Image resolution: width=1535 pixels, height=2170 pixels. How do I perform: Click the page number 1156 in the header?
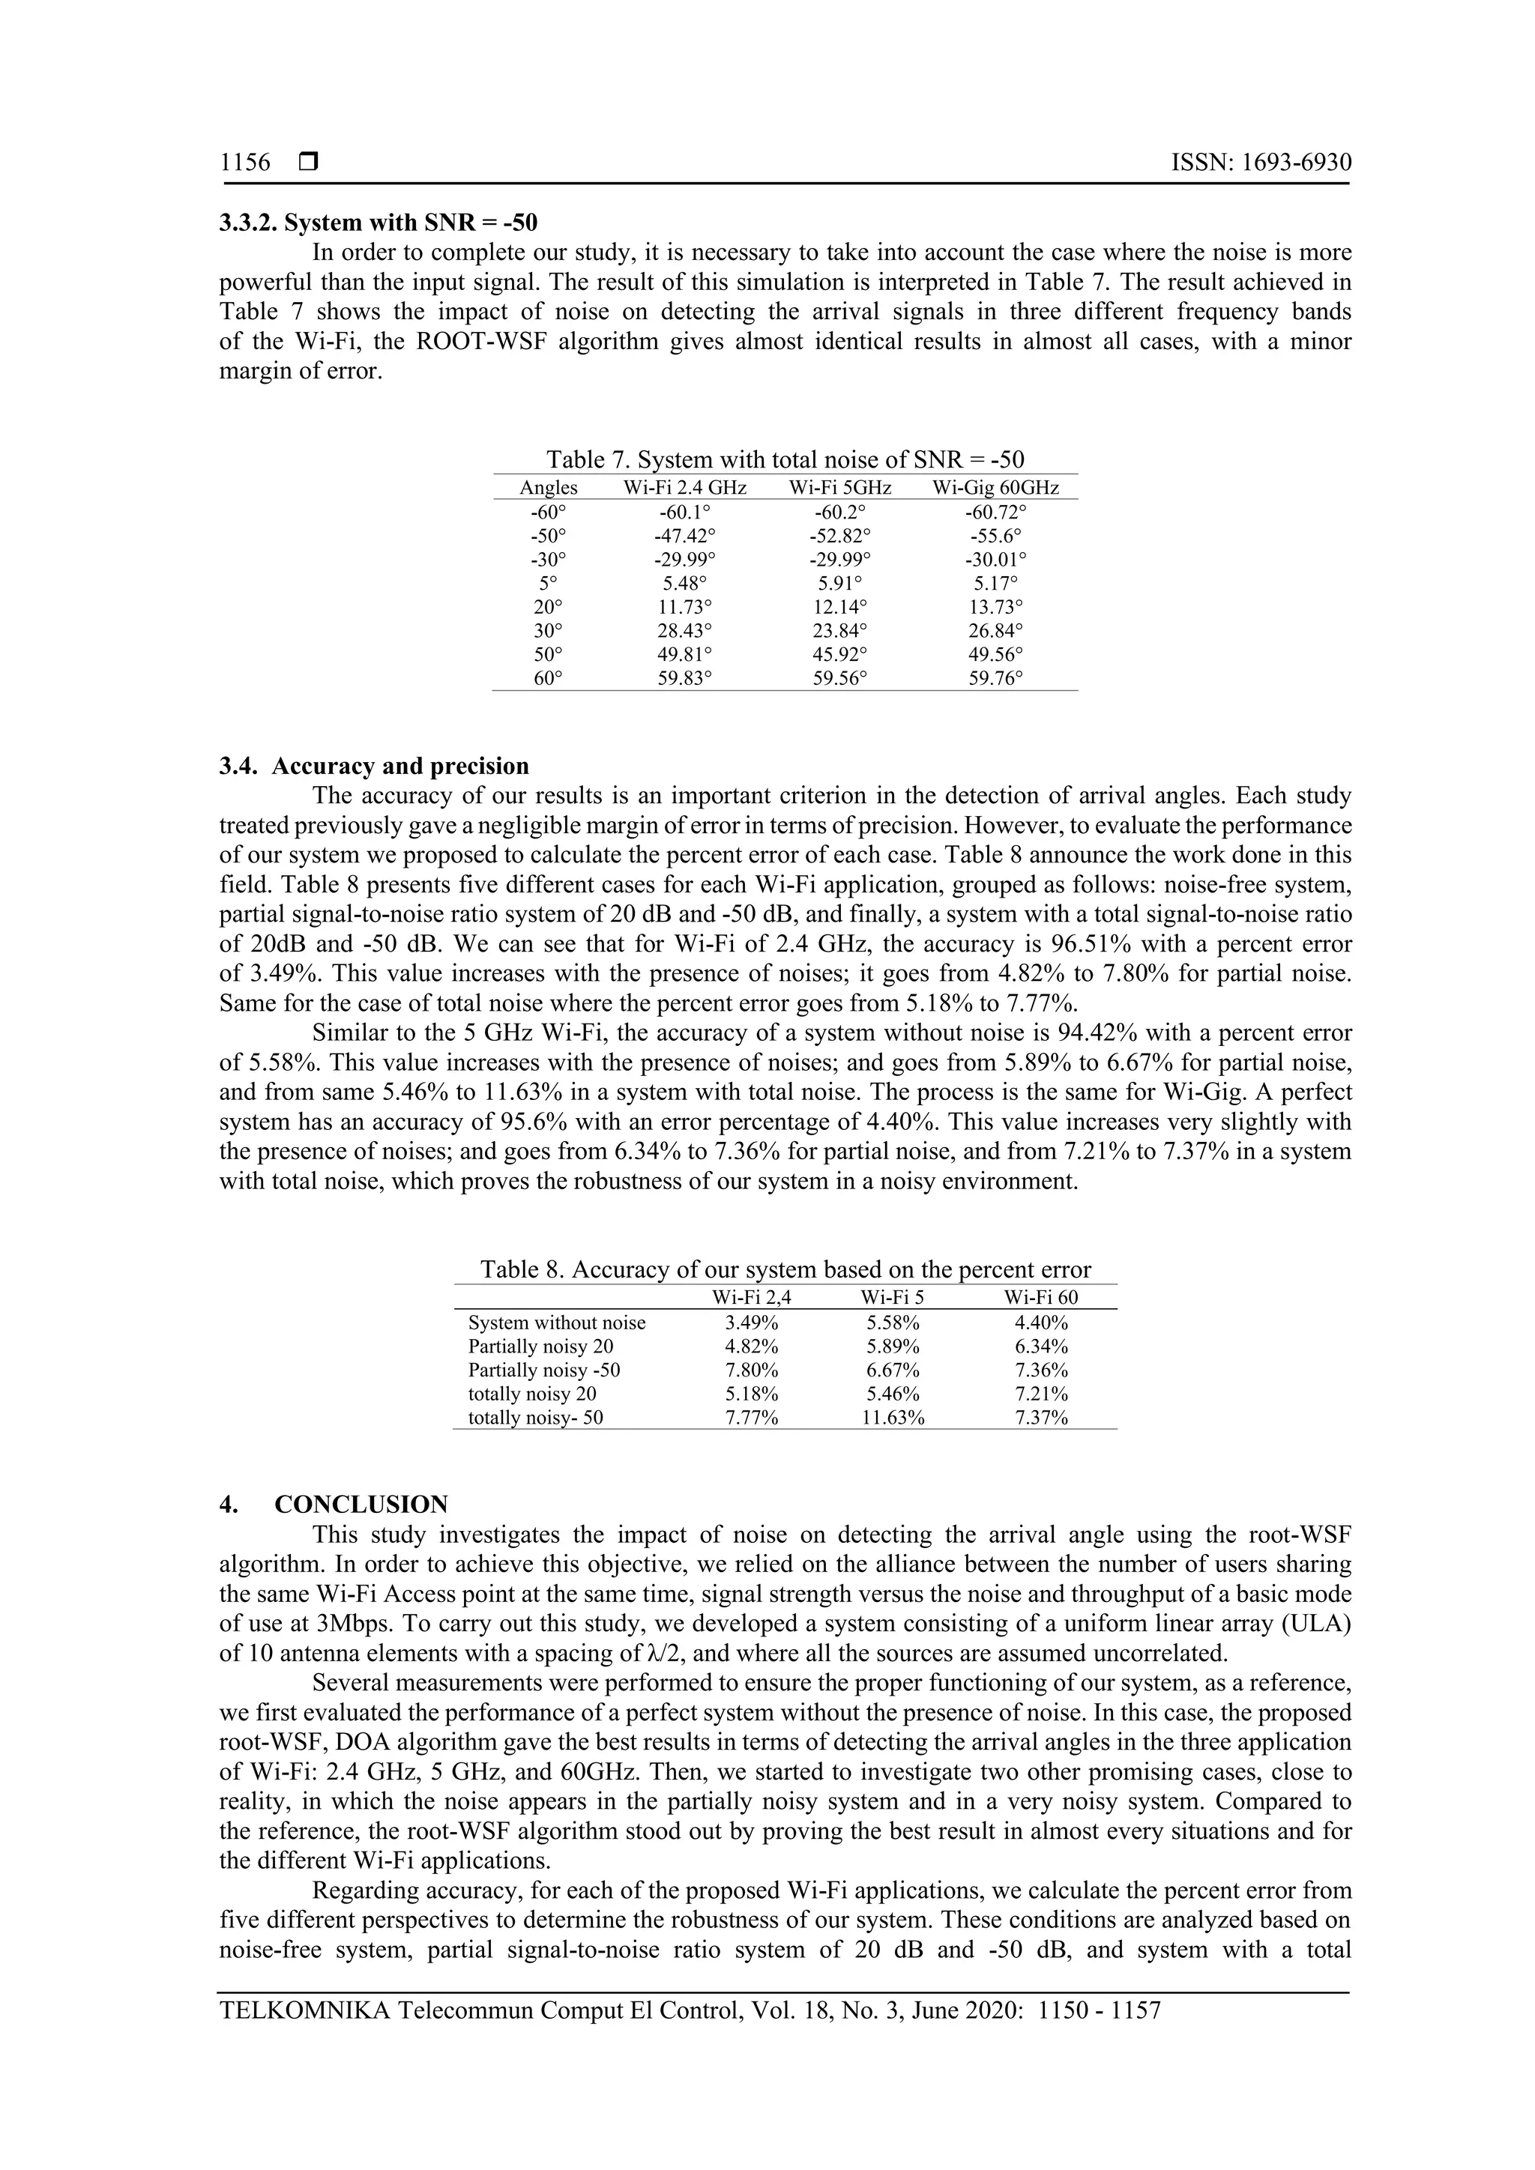245,163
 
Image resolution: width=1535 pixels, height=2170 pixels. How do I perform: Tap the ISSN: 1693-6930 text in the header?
1261,163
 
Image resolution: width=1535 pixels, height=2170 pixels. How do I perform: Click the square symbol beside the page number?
308,163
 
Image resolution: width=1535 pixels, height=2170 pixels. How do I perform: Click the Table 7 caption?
785,459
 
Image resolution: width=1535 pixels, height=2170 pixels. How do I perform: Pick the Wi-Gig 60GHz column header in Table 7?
995,488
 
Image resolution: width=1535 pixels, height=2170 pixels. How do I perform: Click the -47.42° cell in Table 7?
684,536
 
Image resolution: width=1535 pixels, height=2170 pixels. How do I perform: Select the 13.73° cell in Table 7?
995,607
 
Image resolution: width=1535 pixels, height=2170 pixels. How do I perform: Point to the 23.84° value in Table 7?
840,630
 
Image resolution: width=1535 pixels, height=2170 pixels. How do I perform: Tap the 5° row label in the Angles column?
548,583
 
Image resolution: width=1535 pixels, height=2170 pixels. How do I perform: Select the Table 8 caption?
785,1269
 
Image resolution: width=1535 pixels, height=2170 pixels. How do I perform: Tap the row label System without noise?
557,1323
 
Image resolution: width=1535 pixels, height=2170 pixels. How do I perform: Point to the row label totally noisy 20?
532,1393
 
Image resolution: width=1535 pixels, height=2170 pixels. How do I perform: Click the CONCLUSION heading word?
361,1505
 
